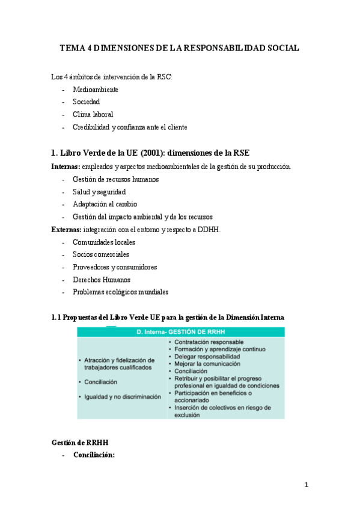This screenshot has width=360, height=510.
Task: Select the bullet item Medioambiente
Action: pyautogui.click(x=96, y=90)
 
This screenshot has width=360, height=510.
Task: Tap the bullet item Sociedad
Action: pyautogui.click(x=87, y=102)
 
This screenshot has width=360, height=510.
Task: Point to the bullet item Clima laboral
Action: pyautogui.click(x=93, y=114)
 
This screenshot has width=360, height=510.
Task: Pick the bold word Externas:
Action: pyautogui.click(x=66, y=229)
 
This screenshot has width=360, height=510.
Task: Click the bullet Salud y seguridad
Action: pyautogui.click(x=99, y=192)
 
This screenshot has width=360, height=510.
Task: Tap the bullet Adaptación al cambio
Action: pyautogui.click(x=105, y=204)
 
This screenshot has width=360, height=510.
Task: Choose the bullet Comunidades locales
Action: pyautogui.click(x=104, y=242)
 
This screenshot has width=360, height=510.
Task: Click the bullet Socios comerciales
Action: pyautogui.click(x=101, y=254)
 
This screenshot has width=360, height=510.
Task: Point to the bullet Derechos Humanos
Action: pyautogui.click(x=102, y=280)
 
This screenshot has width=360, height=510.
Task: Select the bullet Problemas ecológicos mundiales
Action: pyautogui.click(x=121, y=292)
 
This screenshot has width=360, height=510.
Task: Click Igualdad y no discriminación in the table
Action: pyautogui.click(x=123, y=397)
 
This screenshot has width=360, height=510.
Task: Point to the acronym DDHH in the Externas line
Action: pyautogui.click(x=210, y=229)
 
